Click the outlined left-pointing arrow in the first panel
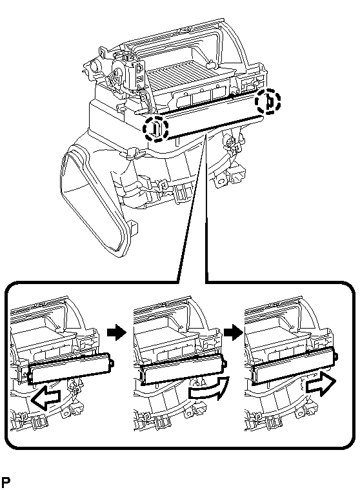coord(46,397)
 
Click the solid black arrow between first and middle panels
coord(116,332)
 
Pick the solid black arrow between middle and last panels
coord(234,332)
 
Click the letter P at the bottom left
coord(6,482)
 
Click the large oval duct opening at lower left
coord(94,200)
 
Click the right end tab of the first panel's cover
coord(112,363)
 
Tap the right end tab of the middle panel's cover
coord(225,363)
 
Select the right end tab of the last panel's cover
coord(336,356)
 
